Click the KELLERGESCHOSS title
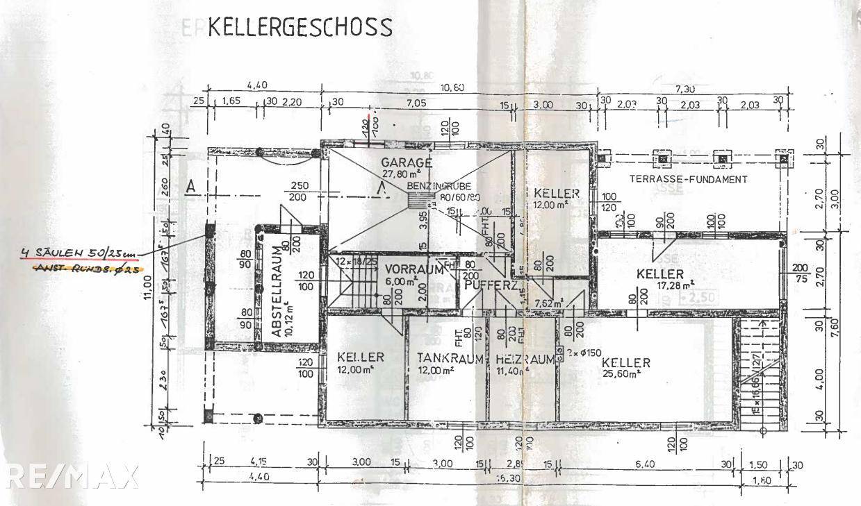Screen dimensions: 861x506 coord(300,27)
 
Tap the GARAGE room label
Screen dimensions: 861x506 coord(407,162)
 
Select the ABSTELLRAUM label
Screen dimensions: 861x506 coord(277,292)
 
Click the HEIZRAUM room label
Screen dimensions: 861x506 coord(525,360)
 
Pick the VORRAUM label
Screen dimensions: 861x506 coord(413,269)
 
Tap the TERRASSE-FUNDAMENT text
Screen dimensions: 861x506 coord(688,179)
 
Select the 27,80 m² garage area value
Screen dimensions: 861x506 coord(407,174)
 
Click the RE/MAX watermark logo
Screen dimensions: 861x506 coord(69,476)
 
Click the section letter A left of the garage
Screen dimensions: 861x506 coord(190,185)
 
